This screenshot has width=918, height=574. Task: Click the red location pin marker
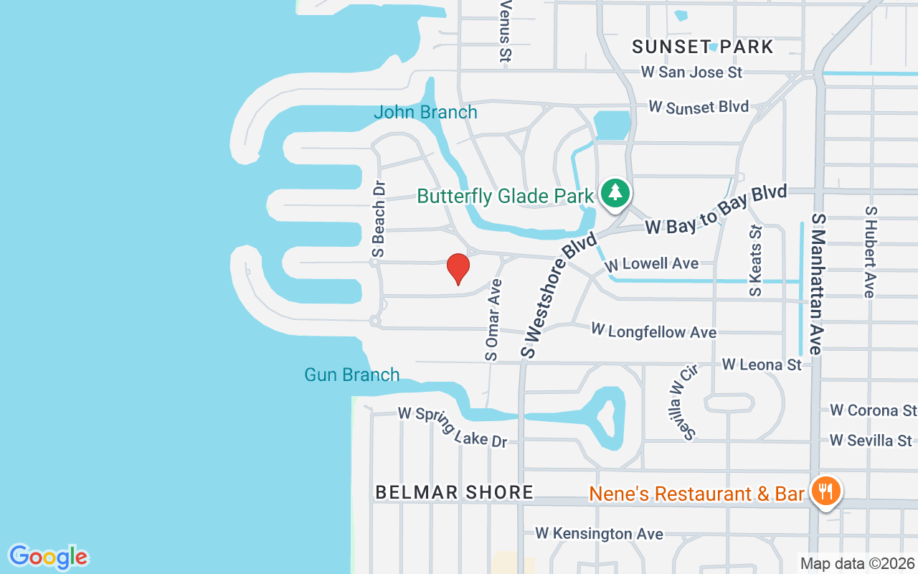[458, 268]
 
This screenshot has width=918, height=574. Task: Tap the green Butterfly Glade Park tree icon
[615, 192]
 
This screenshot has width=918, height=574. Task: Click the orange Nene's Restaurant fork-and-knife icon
[826, 491]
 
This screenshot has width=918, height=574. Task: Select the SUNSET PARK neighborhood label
[702, 47]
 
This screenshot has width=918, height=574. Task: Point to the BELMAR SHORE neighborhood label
[455, 492]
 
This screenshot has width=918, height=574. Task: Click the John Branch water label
[425, 113]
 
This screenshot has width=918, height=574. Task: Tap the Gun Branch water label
[351, 375]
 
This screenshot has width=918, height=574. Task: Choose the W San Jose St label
[691, 72]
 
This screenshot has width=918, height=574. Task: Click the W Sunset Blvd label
[699, 107]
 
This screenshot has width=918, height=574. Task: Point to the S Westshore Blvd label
[558, 295]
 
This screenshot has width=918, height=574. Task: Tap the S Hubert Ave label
[871, 252]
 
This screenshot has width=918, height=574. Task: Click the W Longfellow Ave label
[653, 331]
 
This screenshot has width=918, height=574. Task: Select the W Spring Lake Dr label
[453, 427]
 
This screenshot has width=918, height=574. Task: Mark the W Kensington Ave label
[599, 534]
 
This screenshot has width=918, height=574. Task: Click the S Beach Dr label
[378, 218]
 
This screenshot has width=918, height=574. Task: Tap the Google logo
[48, 556]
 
